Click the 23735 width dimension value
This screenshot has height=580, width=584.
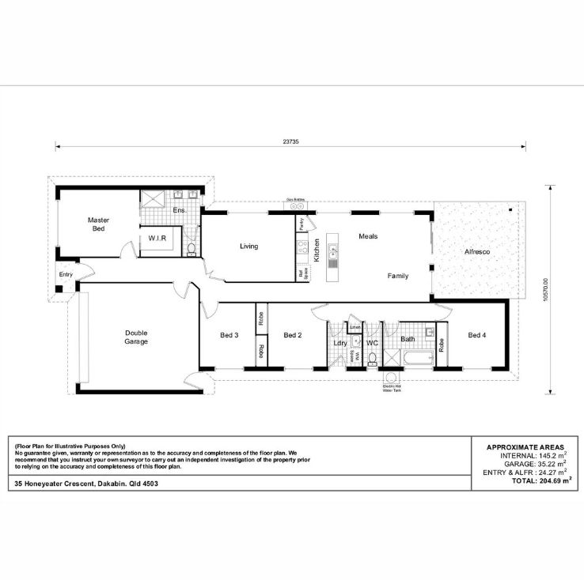click(290, 141)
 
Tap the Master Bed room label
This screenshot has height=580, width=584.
click(98, 224)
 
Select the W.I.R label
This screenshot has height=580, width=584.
click(156, 238)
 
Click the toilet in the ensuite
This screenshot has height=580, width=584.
click(191, 249)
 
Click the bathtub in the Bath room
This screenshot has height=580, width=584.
click(411, 361)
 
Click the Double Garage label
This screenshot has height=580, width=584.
click(136, 337)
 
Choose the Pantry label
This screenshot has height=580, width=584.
click(301, 224)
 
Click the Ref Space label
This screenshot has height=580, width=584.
click(301, 273)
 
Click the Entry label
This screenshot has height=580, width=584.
click(66, 274)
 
